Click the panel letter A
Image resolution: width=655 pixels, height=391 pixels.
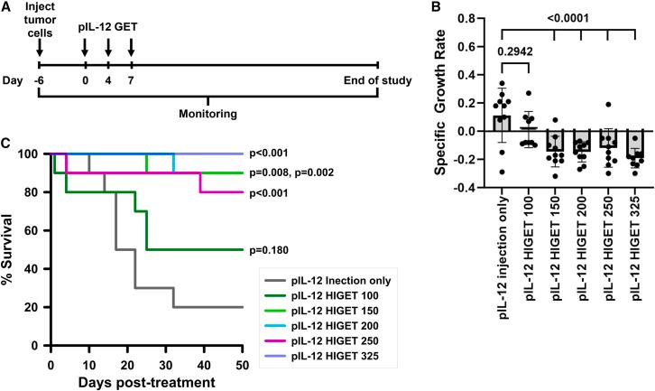pyautogui.click(x=7, y=8)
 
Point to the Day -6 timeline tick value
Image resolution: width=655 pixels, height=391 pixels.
pyautogui.click(x=40, y=81)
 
